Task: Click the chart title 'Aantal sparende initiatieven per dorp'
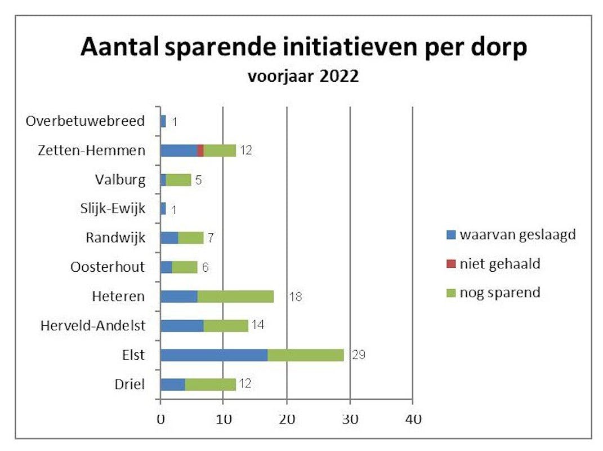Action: click(303, 47)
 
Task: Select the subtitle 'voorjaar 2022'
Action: click(303, 76)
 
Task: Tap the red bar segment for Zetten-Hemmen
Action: click(200, 151)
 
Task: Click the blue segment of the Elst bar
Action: click(214, 355)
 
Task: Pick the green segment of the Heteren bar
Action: click(235, 297)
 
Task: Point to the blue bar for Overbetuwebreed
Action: click(163, 121)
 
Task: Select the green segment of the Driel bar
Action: click(211, 384)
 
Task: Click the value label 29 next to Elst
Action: click(358, 355)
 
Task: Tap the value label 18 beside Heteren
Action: click(295, 297)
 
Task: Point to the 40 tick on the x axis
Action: click(413, 419)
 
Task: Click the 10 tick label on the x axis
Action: click(224, 419)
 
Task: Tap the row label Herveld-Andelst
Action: click(93, 325)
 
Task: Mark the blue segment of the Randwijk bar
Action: click(169, 238)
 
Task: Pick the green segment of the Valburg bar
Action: click(179, 180)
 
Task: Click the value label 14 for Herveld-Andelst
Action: click(258, 326)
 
